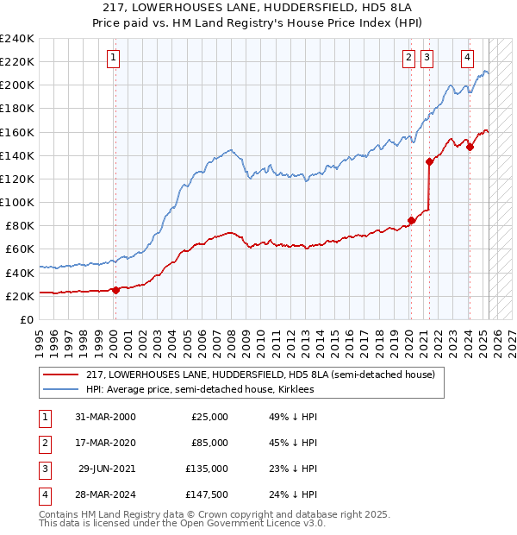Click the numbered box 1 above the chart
[x=114, y=59]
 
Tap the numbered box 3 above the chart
[x=427, y=59]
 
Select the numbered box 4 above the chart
[x=467, y=59]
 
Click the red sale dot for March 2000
[x=115, y=290]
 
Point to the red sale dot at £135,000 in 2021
[x=429, y=161]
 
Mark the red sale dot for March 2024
[x=470, y=147]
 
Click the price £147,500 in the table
[x=208, y=495]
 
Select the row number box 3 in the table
[x=42, y=469]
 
